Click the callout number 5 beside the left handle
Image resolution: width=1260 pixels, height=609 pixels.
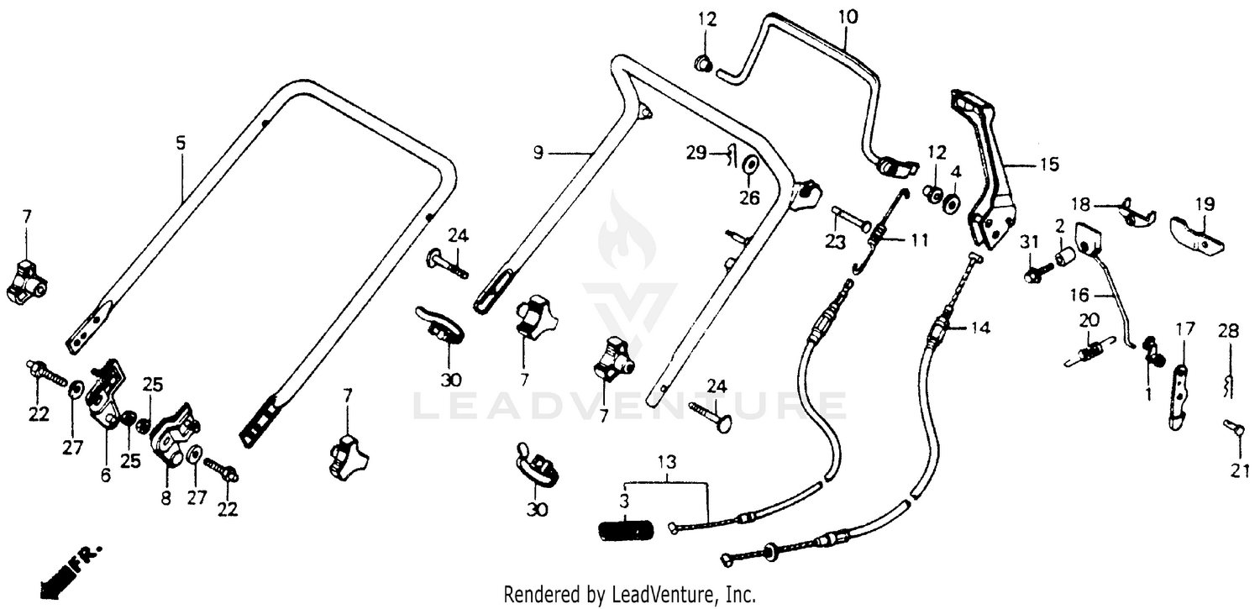[180, 144]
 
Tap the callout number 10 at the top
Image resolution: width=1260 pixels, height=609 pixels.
[848, 18]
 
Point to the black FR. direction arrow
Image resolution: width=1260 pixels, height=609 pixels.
[62, 570]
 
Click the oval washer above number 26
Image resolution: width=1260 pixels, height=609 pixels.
[750, 165]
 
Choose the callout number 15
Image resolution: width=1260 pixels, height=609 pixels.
[1049, 165]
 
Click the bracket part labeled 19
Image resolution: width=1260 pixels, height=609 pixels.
[1197, 235]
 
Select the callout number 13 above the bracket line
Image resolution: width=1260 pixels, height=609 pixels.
[667, 463]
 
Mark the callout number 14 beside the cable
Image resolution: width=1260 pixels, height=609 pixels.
[980, 328]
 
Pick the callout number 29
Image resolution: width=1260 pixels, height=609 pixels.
[696, 153]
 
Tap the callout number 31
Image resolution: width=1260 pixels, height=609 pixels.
[1029, 244]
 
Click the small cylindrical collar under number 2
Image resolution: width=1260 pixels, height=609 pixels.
[1066, 260]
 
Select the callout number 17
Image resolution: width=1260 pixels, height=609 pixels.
[1185, 329]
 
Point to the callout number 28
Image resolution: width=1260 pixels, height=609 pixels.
[1228, 331]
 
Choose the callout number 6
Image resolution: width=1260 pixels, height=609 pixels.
[106, 475]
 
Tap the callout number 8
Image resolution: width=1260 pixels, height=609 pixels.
[166, 499]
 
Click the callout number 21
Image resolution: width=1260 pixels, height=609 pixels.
[1239, 471]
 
